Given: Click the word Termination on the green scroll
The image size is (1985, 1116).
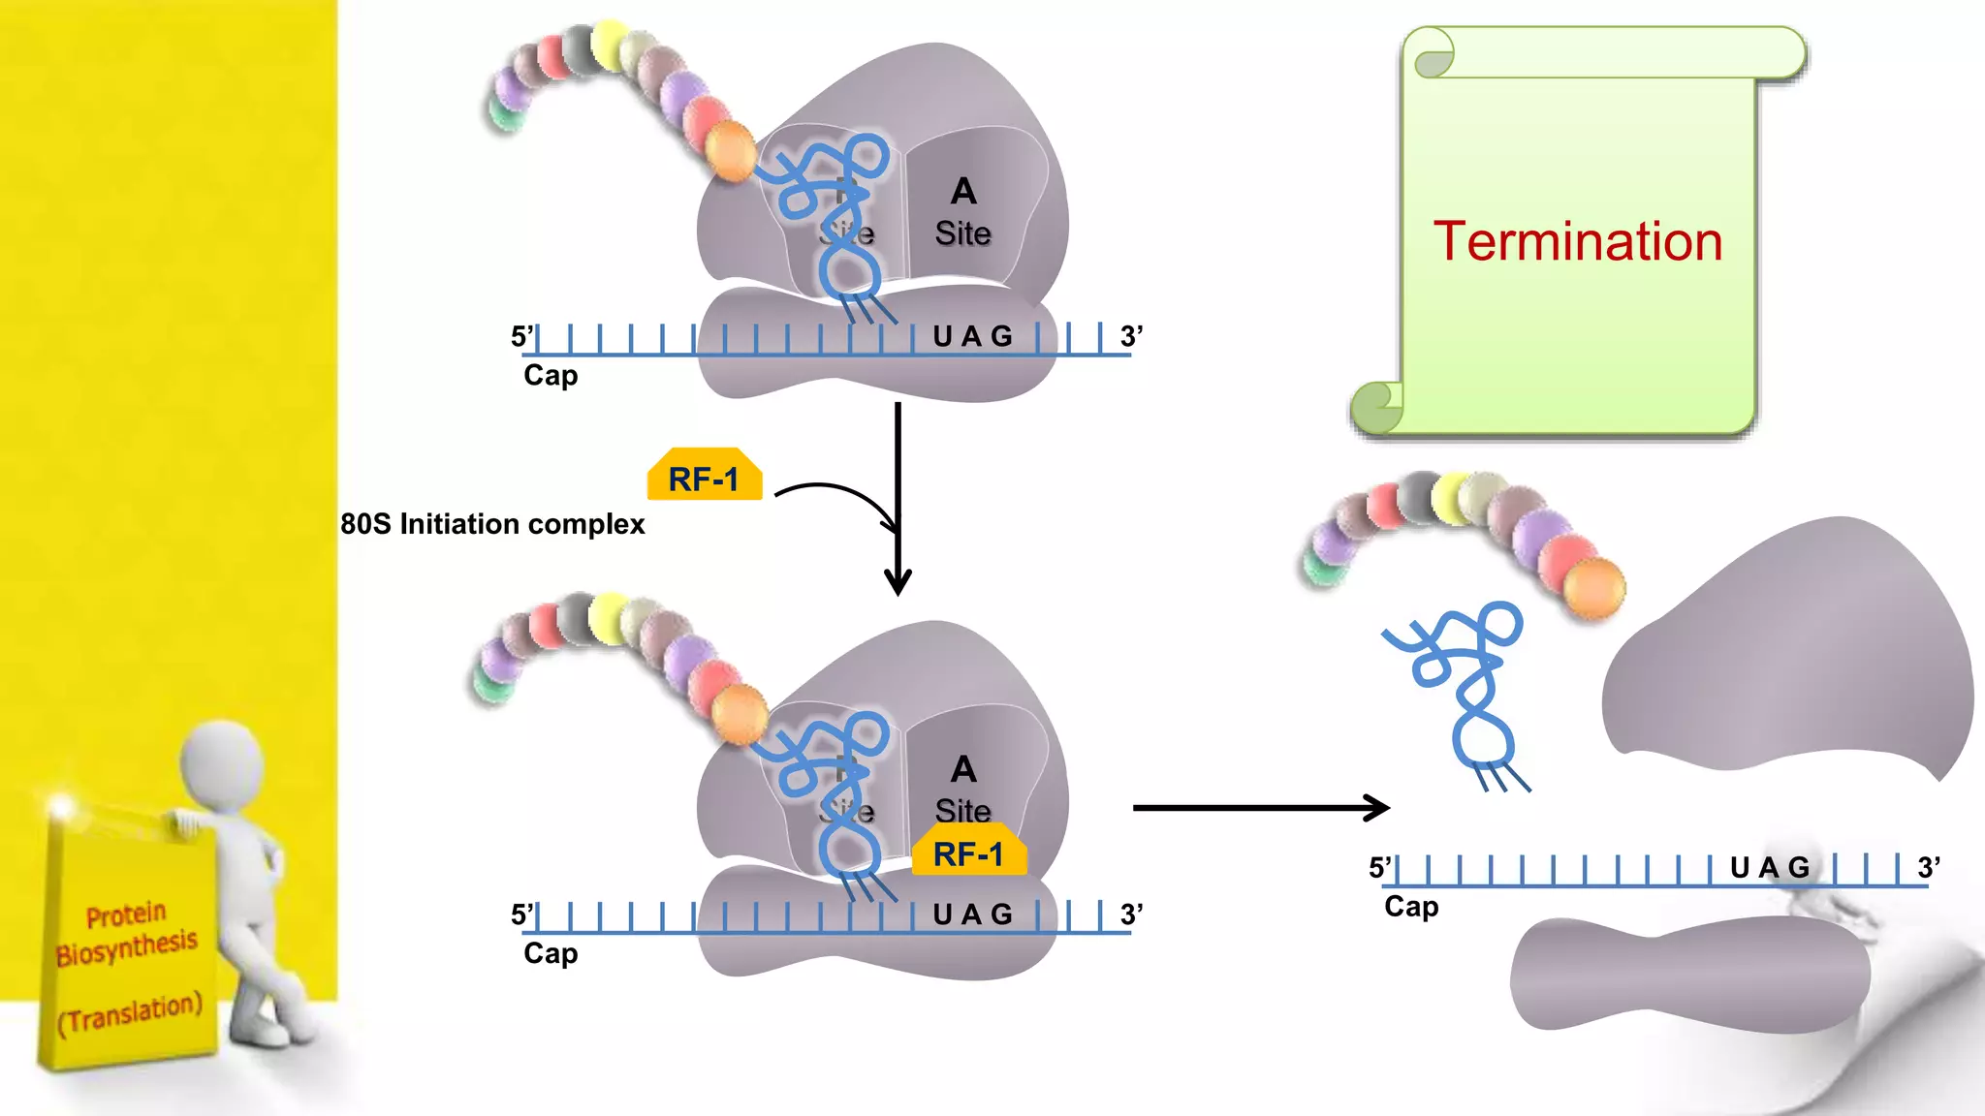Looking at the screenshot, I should pyautogui.click(x=1577, y=241).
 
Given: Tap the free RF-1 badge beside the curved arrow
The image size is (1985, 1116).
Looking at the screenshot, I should pyautogui.click(x=704, y=478).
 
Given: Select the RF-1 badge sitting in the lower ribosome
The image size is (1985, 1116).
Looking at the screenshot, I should pyautogui.click(x=968, y=853).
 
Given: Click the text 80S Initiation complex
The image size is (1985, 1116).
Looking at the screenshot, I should pyautogui.click(x=492, y=524).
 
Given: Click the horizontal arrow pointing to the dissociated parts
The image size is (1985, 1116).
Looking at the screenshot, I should pyautogui.click(x=1260, y=807).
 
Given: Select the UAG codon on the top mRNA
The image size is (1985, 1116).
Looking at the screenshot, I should pyautogui.click(x=972, y=336).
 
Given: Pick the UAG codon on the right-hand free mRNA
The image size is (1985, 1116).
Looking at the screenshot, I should pyautogui.click(x=1770, y=867).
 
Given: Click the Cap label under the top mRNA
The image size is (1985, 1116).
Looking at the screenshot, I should pyautogui.click(x=551, y=375).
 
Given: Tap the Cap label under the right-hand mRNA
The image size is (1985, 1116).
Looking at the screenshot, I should pyautogui.click(x=1411, y=907).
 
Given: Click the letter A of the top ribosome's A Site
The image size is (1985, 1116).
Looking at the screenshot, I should pyautogui.click(x=963, y=192).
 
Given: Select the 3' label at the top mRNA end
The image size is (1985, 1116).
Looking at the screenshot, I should pyautogui.click(x=1131, y=336).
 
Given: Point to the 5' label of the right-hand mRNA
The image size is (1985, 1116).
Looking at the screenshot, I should pyautogui.click(x=1379, y=867).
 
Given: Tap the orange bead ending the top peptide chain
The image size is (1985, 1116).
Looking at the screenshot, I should pyautogui.click(x=730, y=151).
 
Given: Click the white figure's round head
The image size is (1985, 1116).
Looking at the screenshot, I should pyautogui.click(x=222, y=761).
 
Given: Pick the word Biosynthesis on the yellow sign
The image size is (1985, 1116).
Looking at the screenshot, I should pyautogui.click(x=127, y=947).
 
